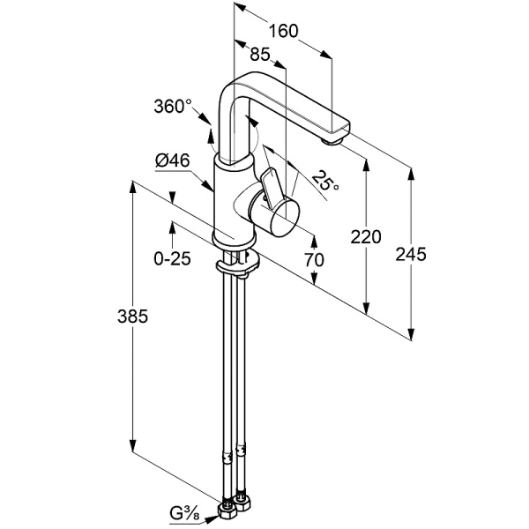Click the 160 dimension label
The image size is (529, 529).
pos(283,31)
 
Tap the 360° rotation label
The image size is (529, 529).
pos(172,107)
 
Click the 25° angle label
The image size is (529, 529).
pos(326,183)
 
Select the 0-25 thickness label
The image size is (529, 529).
pos(172,259)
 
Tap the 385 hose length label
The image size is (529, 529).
pos(131,316)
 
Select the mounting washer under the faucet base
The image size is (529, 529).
pos(236,264)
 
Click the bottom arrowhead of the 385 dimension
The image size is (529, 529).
pos(132,445)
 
